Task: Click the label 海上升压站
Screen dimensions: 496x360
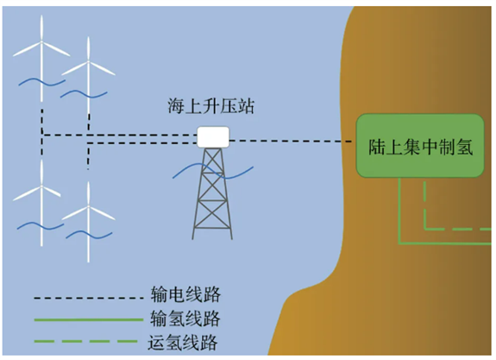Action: coord(211,106)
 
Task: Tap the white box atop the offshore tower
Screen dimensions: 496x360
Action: coord(213,137)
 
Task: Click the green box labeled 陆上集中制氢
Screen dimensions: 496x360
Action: coord(420,146)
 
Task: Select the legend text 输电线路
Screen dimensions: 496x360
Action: coord(185,294)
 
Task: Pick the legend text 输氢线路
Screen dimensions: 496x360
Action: coord(185,319)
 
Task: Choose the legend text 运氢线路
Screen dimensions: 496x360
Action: coord(183,342)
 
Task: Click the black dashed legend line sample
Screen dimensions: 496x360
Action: coord(89,298)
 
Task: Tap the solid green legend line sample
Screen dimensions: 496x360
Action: coord(89,319)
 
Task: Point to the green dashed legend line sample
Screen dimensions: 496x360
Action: coord(86,341)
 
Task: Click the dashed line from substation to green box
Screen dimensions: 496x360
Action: coord(291,141)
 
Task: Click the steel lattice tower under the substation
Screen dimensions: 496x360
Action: coord(212,193)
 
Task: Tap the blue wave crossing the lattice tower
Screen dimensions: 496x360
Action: coord(213,171)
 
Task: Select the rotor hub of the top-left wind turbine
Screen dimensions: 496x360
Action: coord(41,41)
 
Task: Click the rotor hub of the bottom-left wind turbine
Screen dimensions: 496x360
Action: coord(41,186)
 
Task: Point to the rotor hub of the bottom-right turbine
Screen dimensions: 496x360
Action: coord(89,207)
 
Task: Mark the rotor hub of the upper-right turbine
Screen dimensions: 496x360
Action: coord(89,62)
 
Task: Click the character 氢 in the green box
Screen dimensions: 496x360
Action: coord(464,147)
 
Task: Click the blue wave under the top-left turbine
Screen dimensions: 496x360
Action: coord(42,82)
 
